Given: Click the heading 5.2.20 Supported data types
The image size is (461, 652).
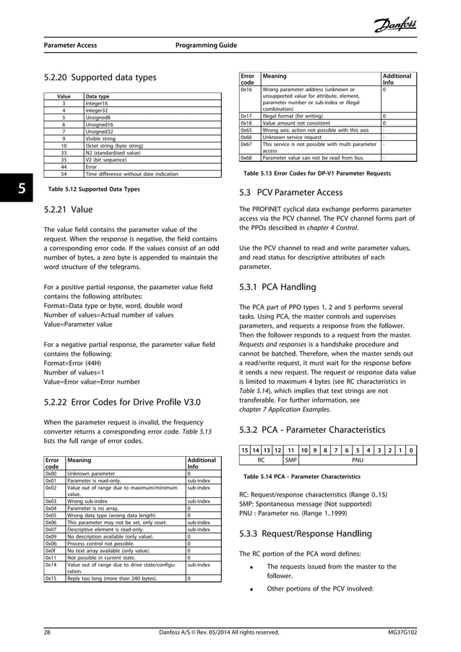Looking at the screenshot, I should (100, 77).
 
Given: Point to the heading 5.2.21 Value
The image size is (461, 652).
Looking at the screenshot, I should (69, 210).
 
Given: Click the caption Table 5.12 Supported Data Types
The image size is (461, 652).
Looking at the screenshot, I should (93, 189).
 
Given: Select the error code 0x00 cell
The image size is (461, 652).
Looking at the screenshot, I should (51, 473).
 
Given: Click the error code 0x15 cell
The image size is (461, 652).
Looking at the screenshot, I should (51, 578).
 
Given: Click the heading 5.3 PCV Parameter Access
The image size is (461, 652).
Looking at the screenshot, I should (296, 193).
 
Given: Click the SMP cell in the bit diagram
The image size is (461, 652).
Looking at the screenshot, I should (290, 458).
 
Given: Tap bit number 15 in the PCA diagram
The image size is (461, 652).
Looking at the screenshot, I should (245, 449).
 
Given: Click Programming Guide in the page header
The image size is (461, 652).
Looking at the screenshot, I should (207, 46).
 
